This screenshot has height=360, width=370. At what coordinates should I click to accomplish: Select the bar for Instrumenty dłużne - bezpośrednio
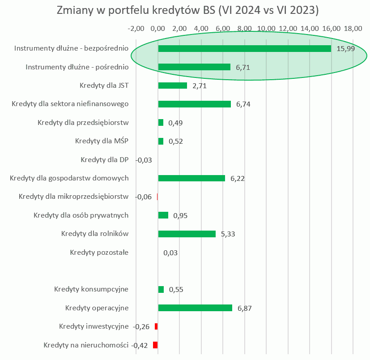coord(244,48)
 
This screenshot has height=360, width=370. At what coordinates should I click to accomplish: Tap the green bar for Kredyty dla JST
coord(172,86)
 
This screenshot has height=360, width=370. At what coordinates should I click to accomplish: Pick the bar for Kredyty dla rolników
coord(187,234)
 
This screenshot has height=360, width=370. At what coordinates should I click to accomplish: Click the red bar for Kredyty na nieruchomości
coord(155,345)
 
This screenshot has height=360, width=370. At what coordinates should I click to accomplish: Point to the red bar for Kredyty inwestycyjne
coord(156,326)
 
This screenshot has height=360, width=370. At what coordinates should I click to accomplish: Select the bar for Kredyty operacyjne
coord(195,308)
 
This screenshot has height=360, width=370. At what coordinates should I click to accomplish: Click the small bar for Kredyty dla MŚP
coord(161,141)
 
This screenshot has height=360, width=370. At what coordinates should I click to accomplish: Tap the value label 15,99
coord(345,49)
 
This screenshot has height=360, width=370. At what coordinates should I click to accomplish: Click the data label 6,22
coord(238,179)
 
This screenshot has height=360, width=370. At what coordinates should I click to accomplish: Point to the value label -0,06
coord(143,197)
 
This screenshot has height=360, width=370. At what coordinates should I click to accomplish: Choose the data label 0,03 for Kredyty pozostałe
coord(170,253)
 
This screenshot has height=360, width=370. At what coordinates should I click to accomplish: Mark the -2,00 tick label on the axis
coord(136,29)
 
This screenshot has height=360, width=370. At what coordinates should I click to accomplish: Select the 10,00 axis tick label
coord(267,29)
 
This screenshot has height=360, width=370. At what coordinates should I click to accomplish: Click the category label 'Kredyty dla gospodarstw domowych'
coord(69,178)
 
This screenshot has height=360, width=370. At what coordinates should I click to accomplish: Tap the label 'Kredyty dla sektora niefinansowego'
coord(70,104)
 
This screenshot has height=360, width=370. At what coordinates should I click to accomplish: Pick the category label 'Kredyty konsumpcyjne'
coord(91,289)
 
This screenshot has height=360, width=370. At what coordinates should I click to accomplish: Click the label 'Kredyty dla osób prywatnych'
coord(81,215)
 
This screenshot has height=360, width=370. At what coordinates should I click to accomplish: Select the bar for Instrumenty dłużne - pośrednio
coord(194,67)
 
